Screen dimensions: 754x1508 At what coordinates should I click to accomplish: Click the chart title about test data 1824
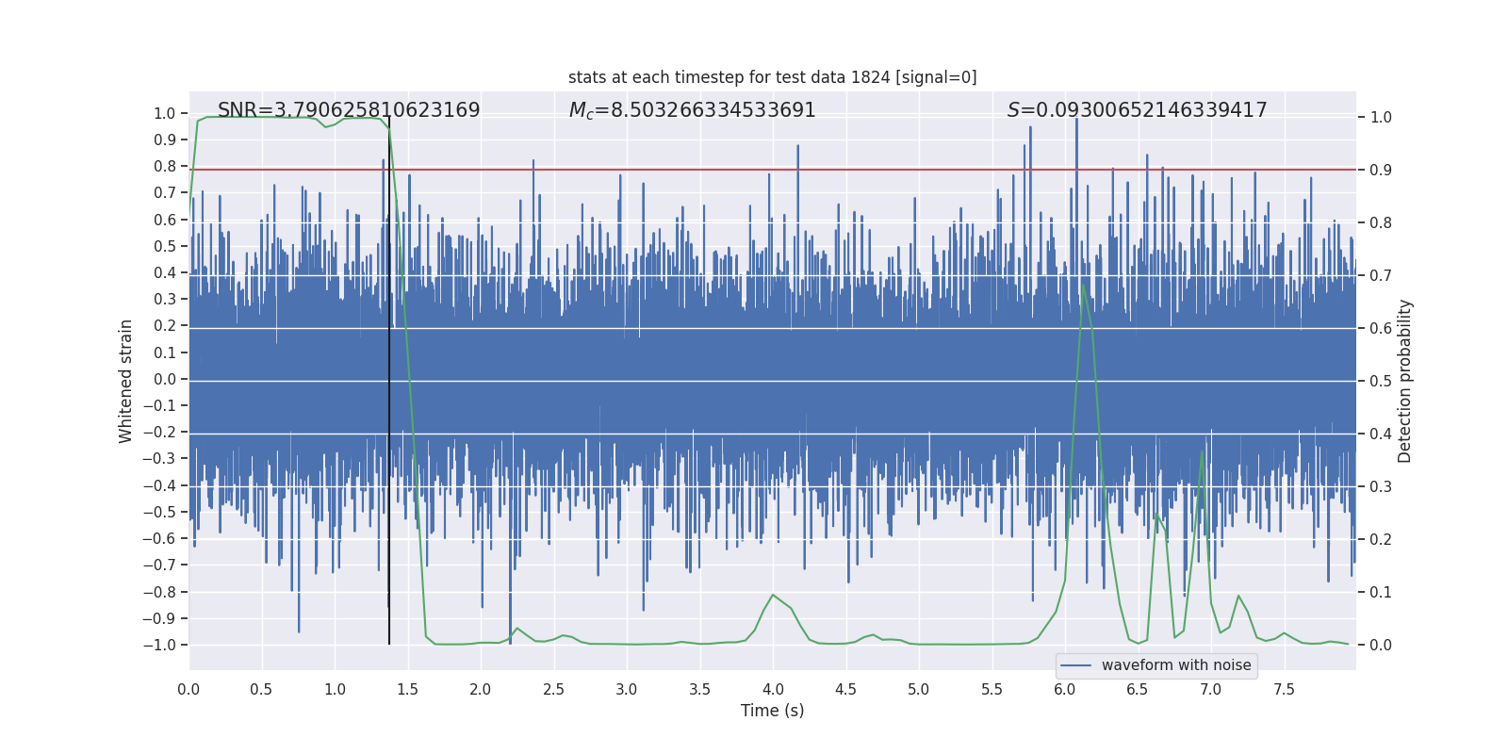coord(772,77)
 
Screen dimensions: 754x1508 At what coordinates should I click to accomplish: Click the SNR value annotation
coord(349,110)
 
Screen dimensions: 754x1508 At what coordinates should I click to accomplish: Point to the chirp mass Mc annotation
coord(692,110)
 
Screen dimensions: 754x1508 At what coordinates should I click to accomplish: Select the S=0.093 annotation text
coord(1137,110)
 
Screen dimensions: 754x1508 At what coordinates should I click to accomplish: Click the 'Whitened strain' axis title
coord(125,381)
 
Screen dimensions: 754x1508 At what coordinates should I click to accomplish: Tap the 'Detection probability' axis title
coord(1405,381)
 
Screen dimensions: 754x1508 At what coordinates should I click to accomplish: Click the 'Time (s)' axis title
coord(772,711)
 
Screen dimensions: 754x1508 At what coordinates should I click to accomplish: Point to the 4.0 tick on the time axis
coord(773,689)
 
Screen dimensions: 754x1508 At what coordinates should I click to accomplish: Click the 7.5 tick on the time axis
coord(1284,689)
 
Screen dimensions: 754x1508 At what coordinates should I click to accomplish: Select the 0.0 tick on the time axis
coord(188,689)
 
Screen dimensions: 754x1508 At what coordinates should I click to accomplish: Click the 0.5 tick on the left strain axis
coord(165,246)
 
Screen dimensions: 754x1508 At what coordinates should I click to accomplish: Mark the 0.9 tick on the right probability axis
coord(1381,170)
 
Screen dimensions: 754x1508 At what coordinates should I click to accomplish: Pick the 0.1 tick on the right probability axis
coord(1381,592)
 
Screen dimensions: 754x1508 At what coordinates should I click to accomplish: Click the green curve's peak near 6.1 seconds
coord(1083,285)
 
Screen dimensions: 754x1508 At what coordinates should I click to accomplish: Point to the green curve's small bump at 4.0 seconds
coord(773,595)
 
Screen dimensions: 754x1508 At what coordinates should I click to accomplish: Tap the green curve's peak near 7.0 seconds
coord(1202,453)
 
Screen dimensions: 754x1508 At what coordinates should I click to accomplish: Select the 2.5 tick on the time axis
coord(553,689)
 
